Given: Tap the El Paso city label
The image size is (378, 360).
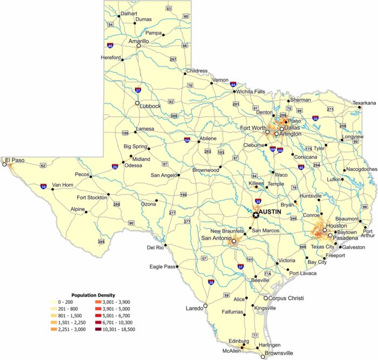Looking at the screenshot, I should (x=15, y=160).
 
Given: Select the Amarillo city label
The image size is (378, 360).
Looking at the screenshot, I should (x=139, y=41).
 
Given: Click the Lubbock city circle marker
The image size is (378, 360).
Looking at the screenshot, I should (x=137, y=102).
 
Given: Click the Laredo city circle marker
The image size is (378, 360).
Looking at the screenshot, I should (x=205, y=306).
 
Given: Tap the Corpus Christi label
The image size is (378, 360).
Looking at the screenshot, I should (x=287, y=298).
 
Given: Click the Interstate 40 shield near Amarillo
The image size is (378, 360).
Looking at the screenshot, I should (x=110, y=46).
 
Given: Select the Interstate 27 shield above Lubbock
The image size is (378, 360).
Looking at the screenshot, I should (x=139, y=90).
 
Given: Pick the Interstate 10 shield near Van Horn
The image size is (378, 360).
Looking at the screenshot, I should (x=43, y=187).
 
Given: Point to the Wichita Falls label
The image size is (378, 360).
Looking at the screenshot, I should (x=251, y=92).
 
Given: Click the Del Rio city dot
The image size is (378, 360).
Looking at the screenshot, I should (x=166, y=245).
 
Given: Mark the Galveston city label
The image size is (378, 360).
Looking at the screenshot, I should (x=354, y=247).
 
